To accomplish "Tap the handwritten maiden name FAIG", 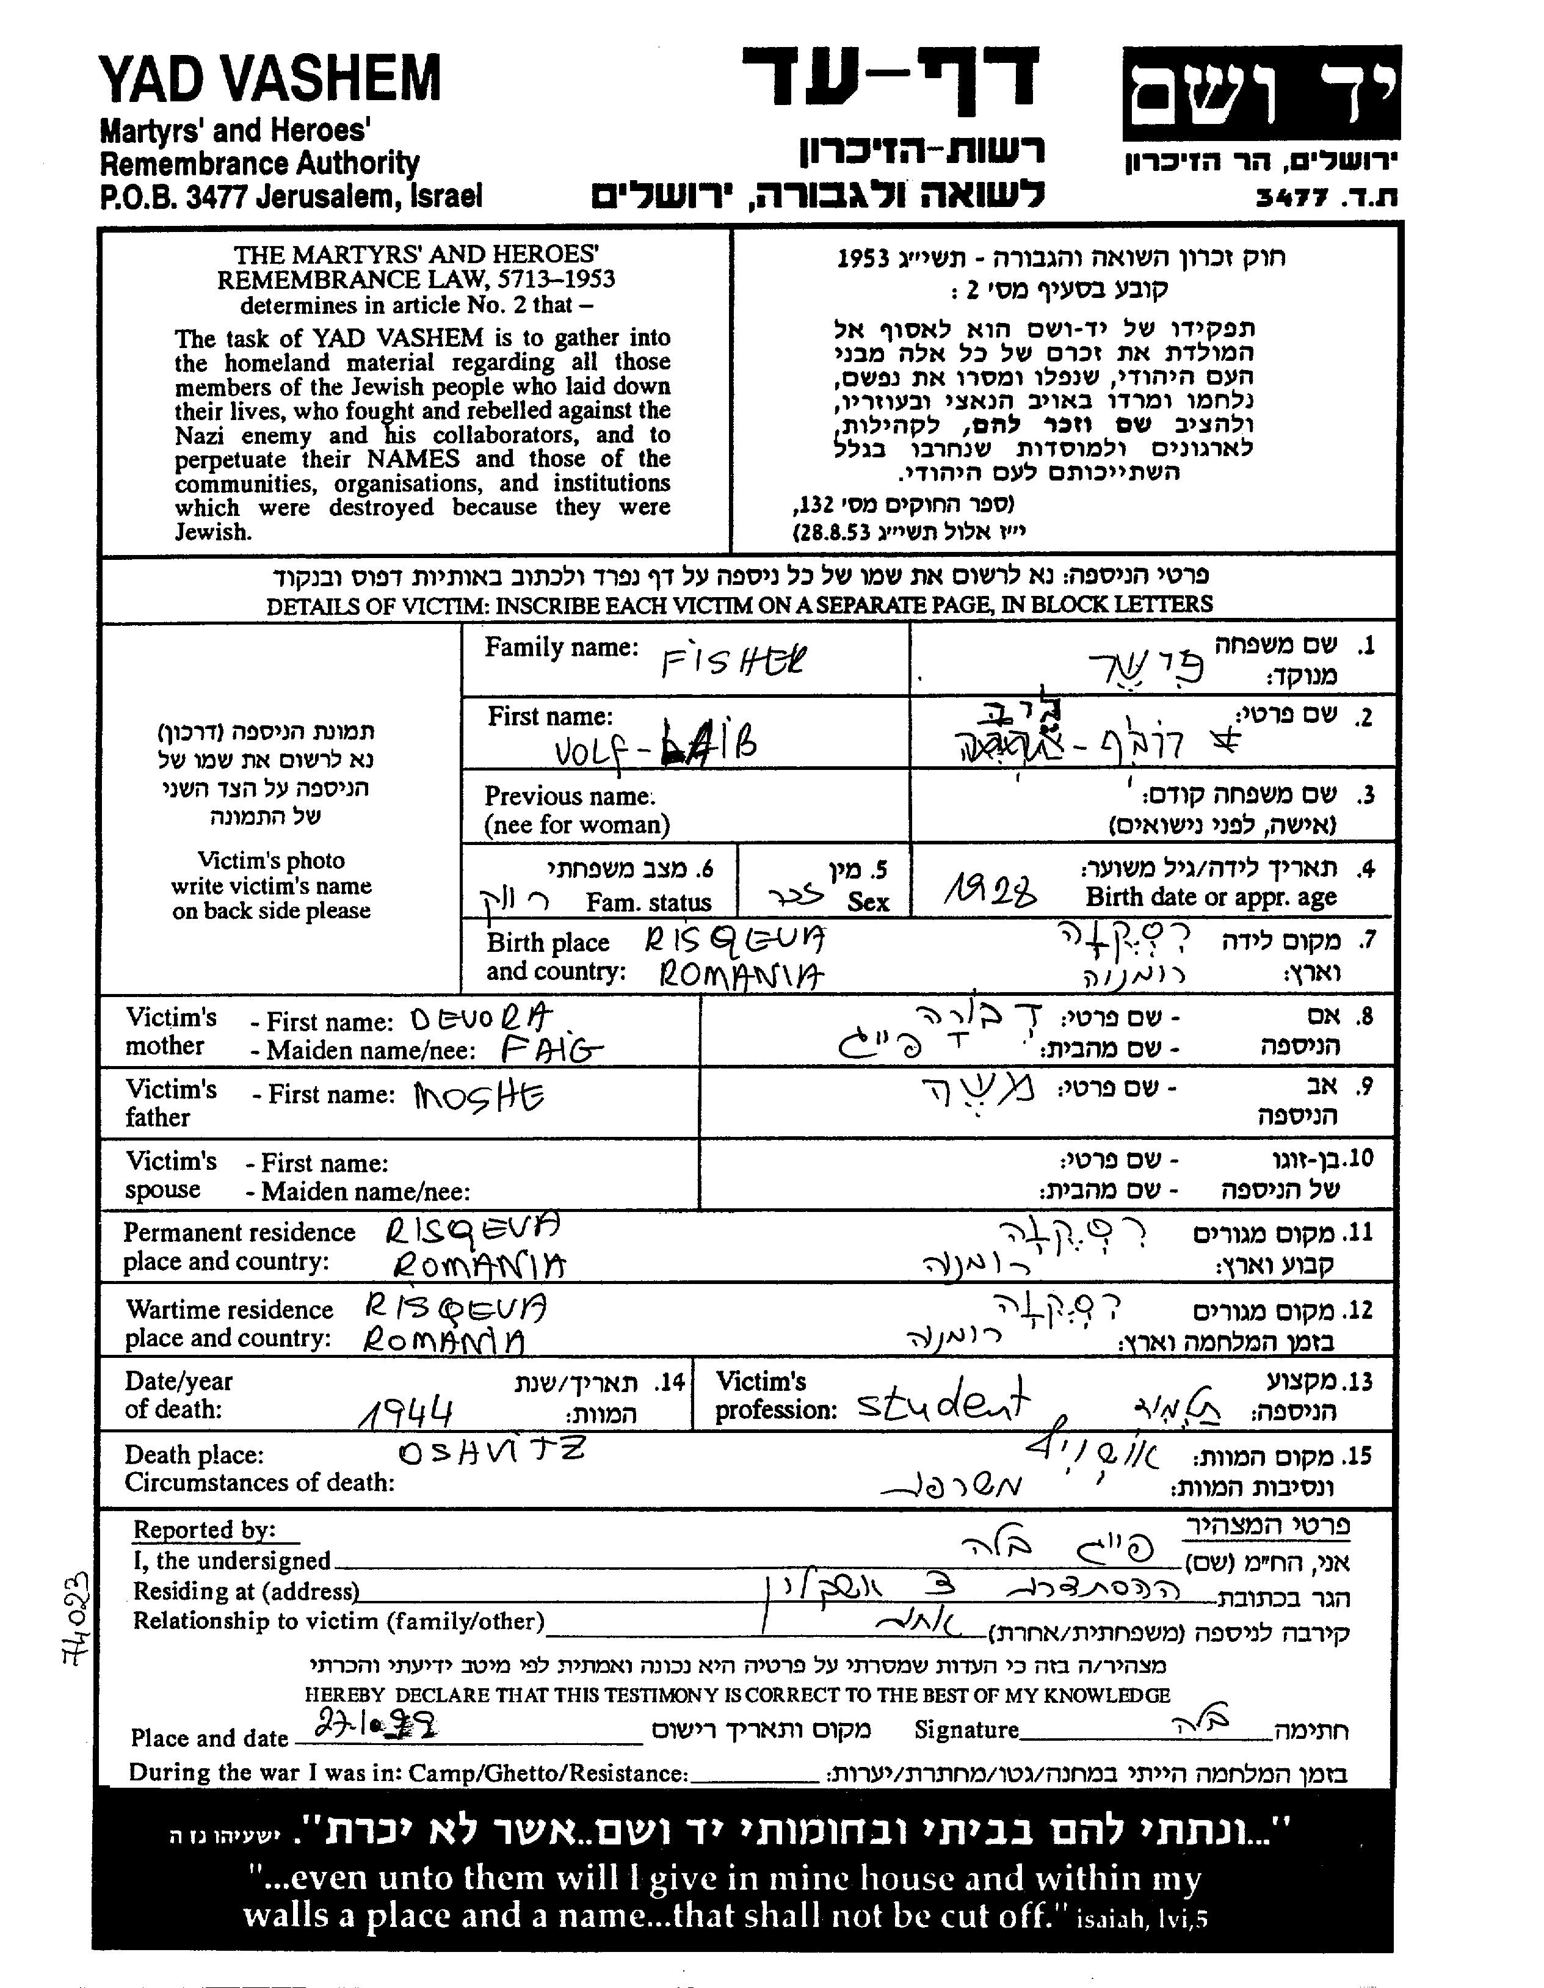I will pyautogui.click(x=552, y=1051).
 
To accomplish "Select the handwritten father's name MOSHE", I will pyautogui.click(x=479, y=1096).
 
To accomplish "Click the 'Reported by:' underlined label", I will pyautogui.click(x=205, y=1530).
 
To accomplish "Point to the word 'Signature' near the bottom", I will pyautogui.click(x=966, y=1730).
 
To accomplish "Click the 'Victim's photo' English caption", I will pyautogui.click(x=271, y=861).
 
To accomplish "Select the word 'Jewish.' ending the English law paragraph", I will pyautogui.click(x=213, y=532).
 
